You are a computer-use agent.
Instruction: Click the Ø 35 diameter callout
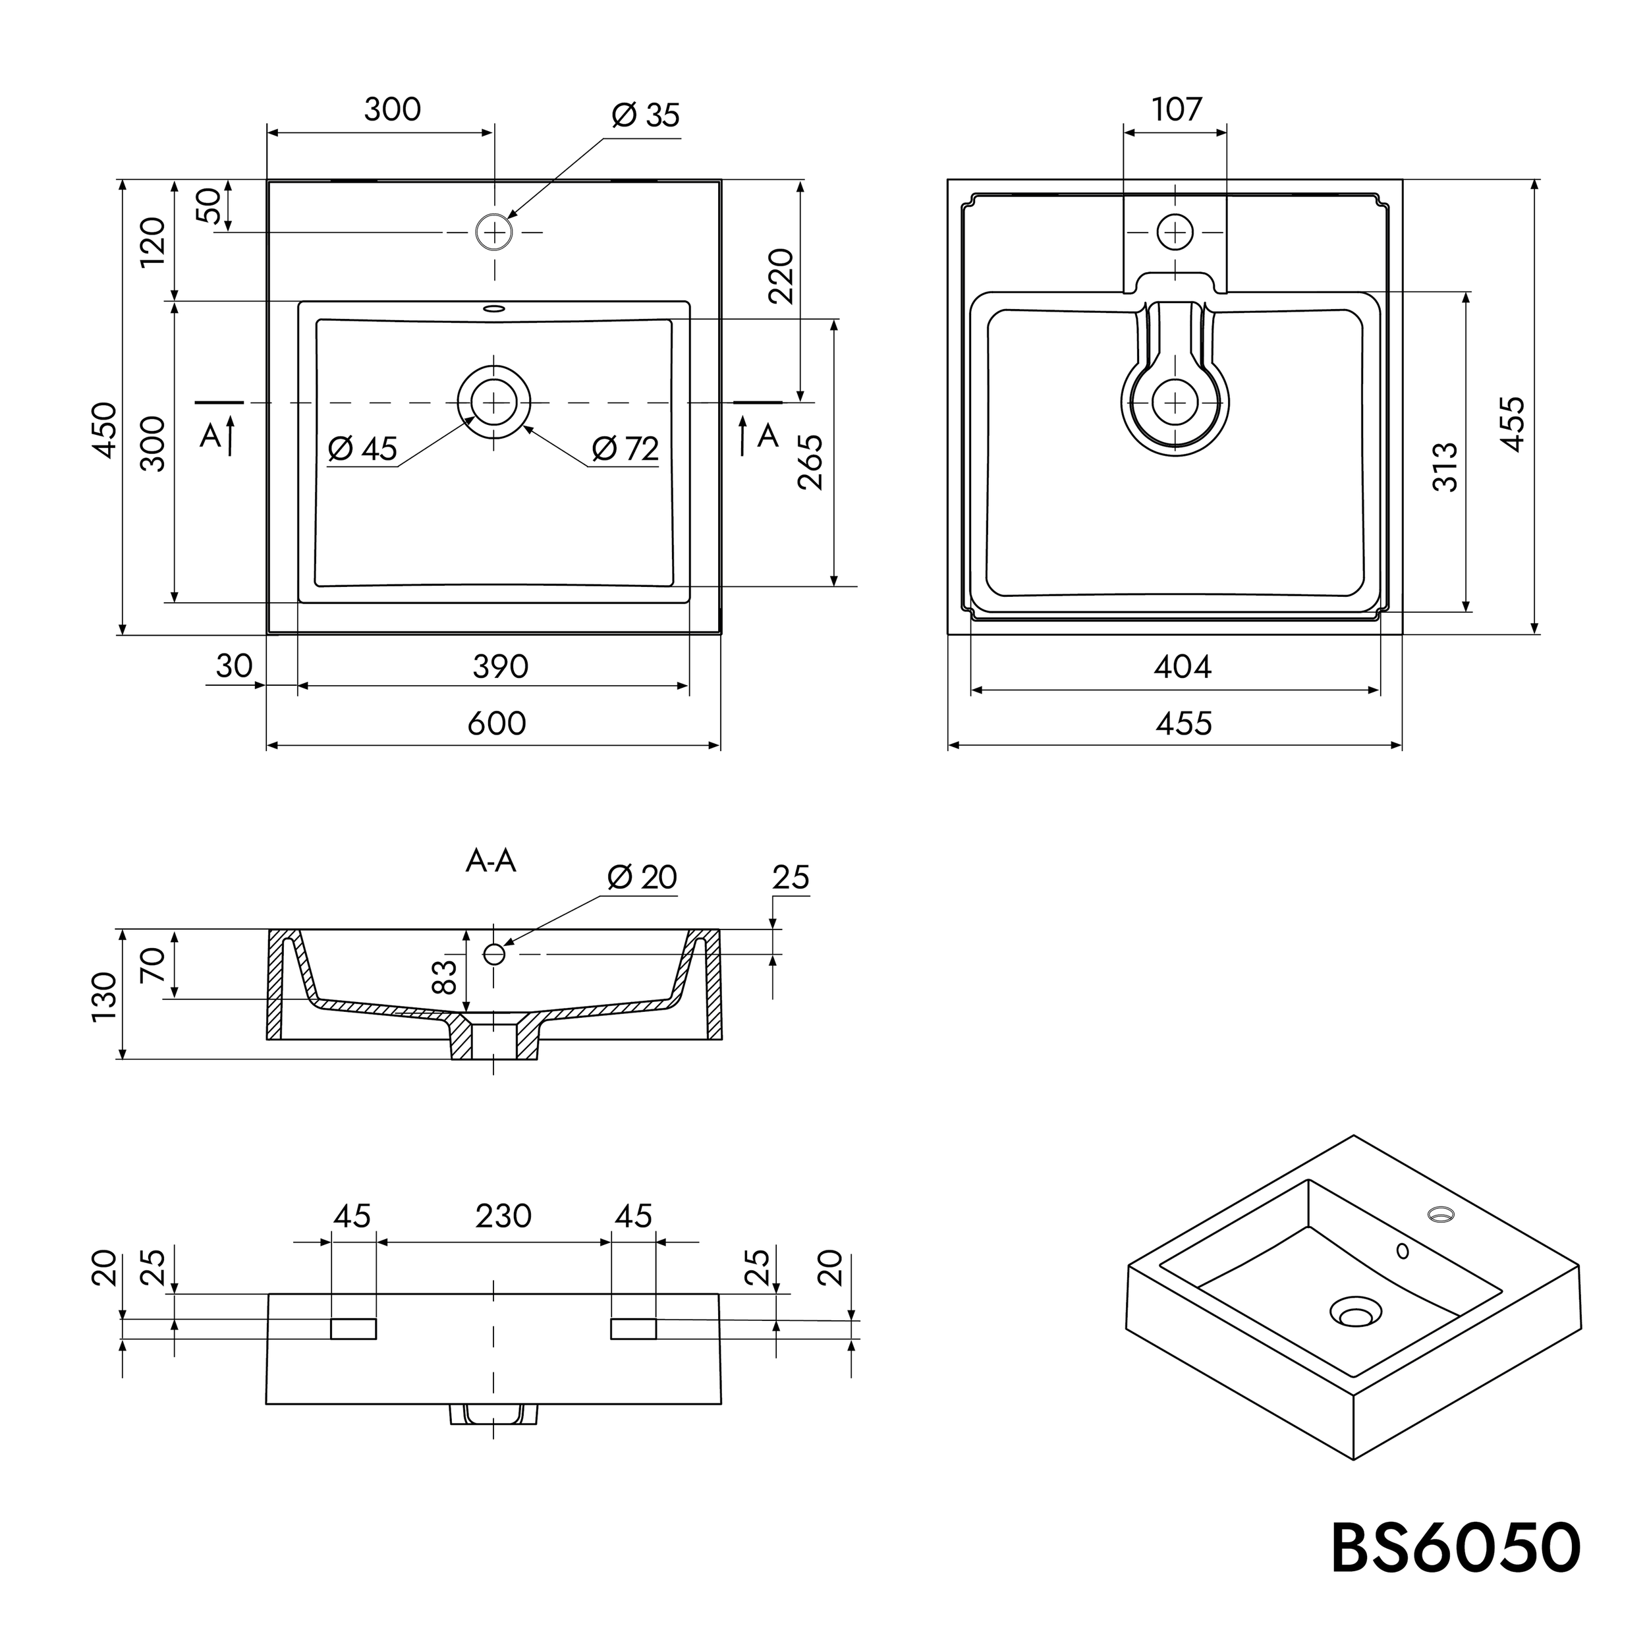tap(646, 116)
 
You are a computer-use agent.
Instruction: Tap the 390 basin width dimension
tap(501, 667)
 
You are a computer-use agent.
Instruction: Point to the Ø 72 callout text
tap(626, 449)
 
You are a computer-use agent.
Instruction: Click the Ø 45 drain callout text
tap(363, 449)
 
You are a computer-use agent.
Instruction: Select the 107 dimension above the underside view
tap(1177, 109)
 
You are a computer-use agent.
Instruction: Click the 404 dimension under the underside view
tap(1183, 667)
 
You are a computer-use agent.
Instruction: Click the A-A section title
tap(491, 861)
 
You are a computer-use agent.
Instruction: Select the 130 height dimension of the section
tap(104, 995)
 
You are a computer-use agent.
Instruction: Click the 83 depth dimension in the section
tap(445, 976)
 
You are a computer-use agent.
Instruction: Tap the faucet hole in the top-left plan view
tap(493, 232)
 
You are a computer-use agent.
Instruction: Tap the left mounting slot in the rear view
tap(353, 1328)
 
